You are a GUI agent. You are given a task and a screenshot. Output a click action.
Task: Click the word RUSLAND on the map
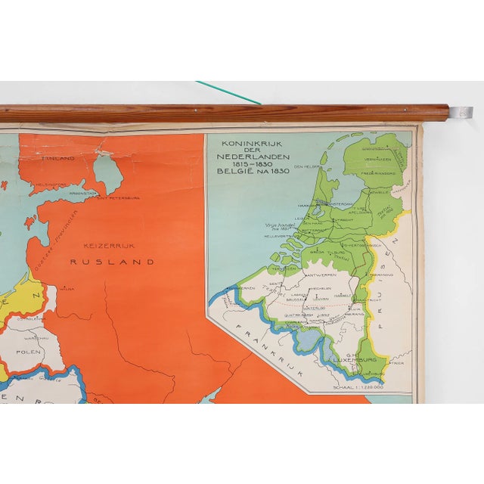(112, 262)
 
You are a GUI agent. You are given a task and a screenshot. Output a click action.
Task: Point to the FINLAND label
(59, 158)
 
